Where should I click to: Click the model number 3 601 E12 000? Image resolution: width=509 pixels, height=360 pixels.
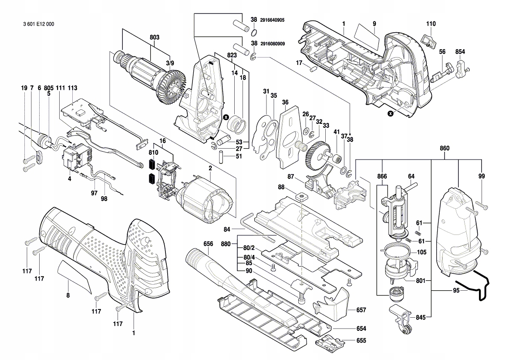coord(39,24)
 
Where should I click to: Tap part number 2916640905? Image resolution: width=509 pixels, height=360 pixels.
coord(272,20)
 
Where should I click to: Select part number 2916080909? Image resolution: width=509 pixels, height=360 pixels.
coord(273,44)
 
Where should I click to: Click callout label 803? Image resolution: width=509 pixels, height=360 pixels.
coord(155,37)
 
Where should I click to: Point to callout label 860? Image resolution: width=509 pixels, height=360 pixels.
coord(445,148)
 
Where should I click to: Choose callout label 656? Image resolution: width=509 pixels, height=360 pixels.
coord(208,244)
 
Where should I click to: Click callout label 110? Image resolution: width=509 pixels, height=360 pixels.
coord(431,24)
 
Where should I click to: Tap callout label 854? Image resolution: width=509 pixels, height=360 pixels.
coord(460,52)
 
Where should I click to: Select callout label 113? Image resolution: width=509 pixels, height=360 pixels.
coord(72,88)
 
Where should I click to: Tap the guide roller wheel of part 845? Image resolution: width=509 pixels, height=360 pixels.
coord(404,330)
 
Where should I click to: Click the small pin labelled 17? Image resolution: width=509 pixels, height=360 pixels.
coord(313,68)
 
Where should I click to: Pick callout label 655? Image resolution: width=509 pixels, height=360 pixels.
coord(361,340)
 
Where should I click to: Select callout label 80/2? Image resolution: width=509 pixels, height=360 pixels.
coord(249,248)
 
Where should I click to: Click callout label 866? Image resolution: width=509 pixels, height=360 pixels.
coord(382,177)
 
